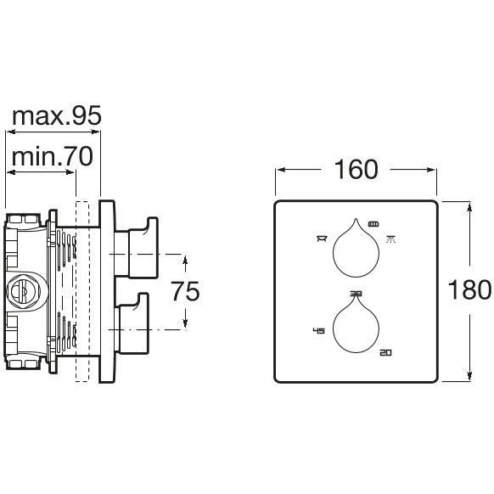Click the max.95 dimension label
(x=57, y=115)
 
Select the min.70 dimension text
(x=53, y=156)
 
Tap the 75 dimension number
(x=185, y=291)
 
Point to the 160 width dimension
(x=356, y=170)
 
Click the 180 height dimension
(x=469, y=289)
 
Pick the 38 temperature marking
(x=356, y=294)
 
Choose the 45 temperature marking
(x=318, y=330)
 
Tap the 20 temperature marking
(x=385, y=352)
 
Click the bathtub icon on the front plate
(x=322, y=239)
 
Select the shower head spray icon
(x=391, y=239)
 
